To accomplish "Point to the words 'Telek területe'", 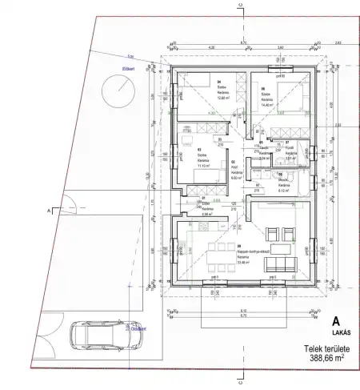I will click(x=326, y=349).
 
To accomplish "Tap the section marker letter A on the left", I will click(x=50, y=209).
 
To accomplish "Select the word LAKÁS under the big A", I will click(x=324, y=334).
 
